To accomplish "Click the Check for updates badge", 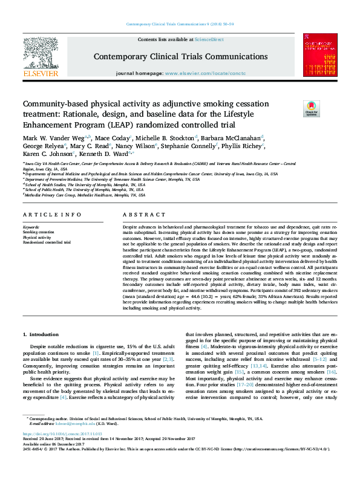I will click(311, 109).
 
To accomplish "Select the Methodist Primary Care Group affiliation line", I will click(85, 195).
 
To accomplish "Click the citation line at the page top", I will click(180, 24).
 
